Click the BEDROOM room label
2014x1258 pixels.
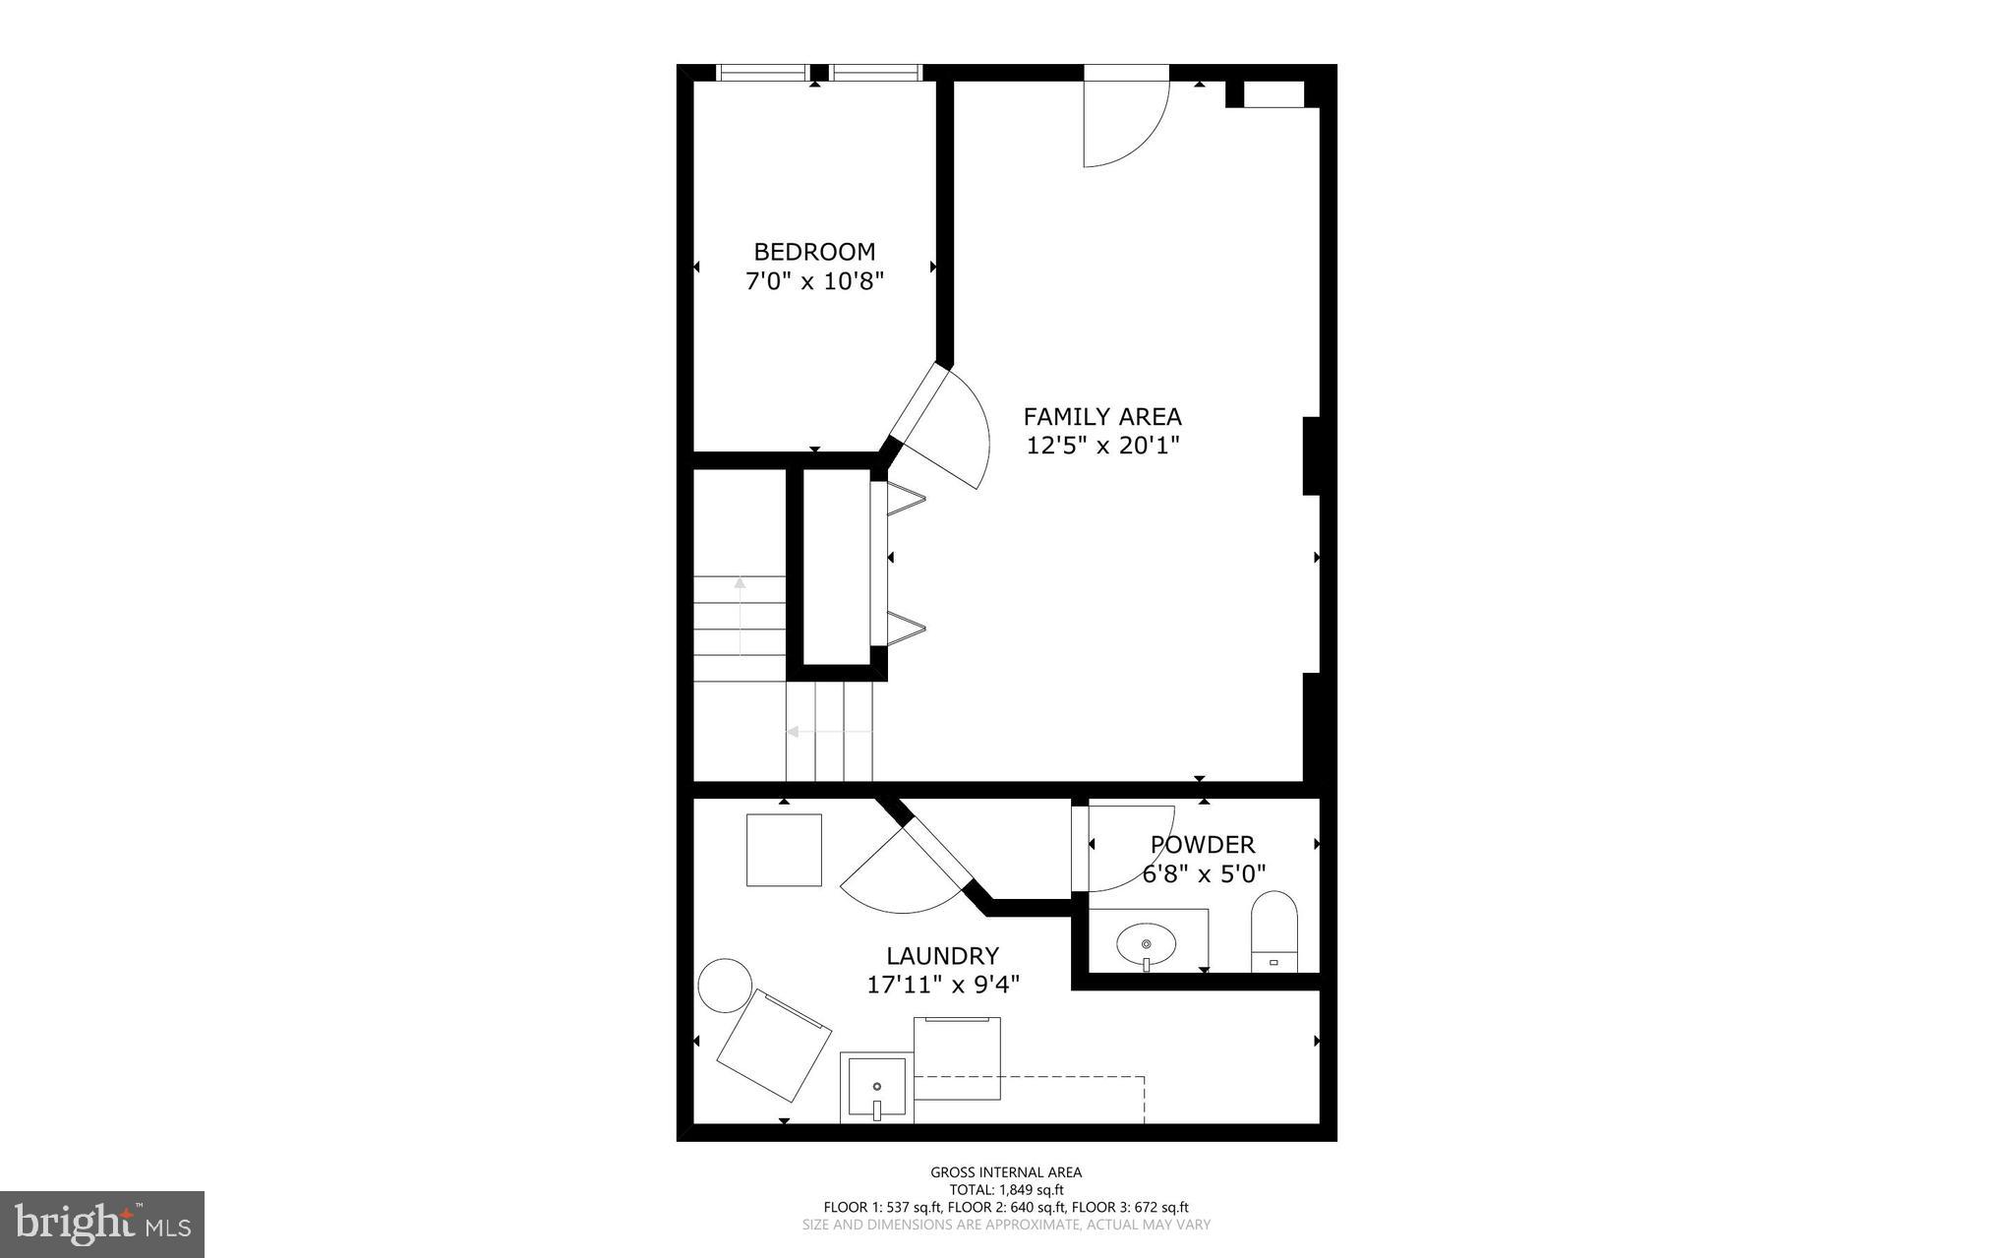(814, 252)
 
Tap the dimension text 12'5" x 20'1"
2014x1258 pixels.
(1102, 446)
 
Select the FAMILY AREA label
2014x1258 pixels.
(1102, 416)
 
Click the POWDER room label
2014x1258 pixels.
(1203, 845)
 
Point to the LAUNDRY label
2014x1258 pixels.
(942, 956)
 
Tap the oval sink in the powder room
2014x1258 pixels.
(1146, 945)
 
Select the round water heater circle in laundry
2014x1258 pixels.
(725, 985)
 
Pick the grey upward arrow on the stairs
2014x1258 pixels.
(740, 616)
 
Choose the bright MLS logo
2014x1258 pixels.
(102, 1224)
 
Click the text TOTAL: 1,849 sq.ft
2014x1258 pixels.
(1006, 1189)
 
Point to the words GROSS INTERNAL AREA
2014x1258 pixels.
(1006, 1171)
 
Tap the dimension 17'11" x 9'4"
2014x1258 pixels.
(942, 984)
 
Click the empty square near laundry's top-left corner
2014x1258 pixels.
(784, 850)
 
